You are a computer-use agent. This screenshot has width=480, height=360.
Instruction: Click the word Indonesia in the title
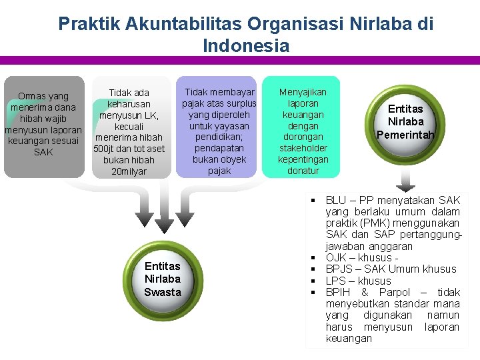coord(246,46)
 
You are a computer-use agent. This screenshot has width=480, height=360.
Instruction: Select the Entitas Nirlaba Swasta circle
coord(163,279)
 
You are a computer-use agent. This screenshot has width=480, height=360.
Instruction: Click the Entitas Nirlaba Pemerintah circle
coord(405,122)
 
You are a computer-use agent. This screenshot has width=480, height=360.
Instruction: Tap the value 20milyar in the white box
coord(129,171)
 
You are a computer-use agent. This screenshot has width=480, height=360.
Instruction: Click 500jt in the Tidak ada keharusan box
coord(105,149)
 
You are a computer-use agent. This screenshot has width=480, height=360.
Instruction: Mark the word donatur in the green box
coord(303,171)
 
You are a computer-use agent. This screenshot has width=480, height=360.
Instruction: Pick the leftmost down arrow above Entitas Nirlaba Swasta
coord(144,217)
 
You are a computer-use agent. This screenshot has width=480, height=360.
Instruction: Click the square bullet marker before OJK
coord(312,258)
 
